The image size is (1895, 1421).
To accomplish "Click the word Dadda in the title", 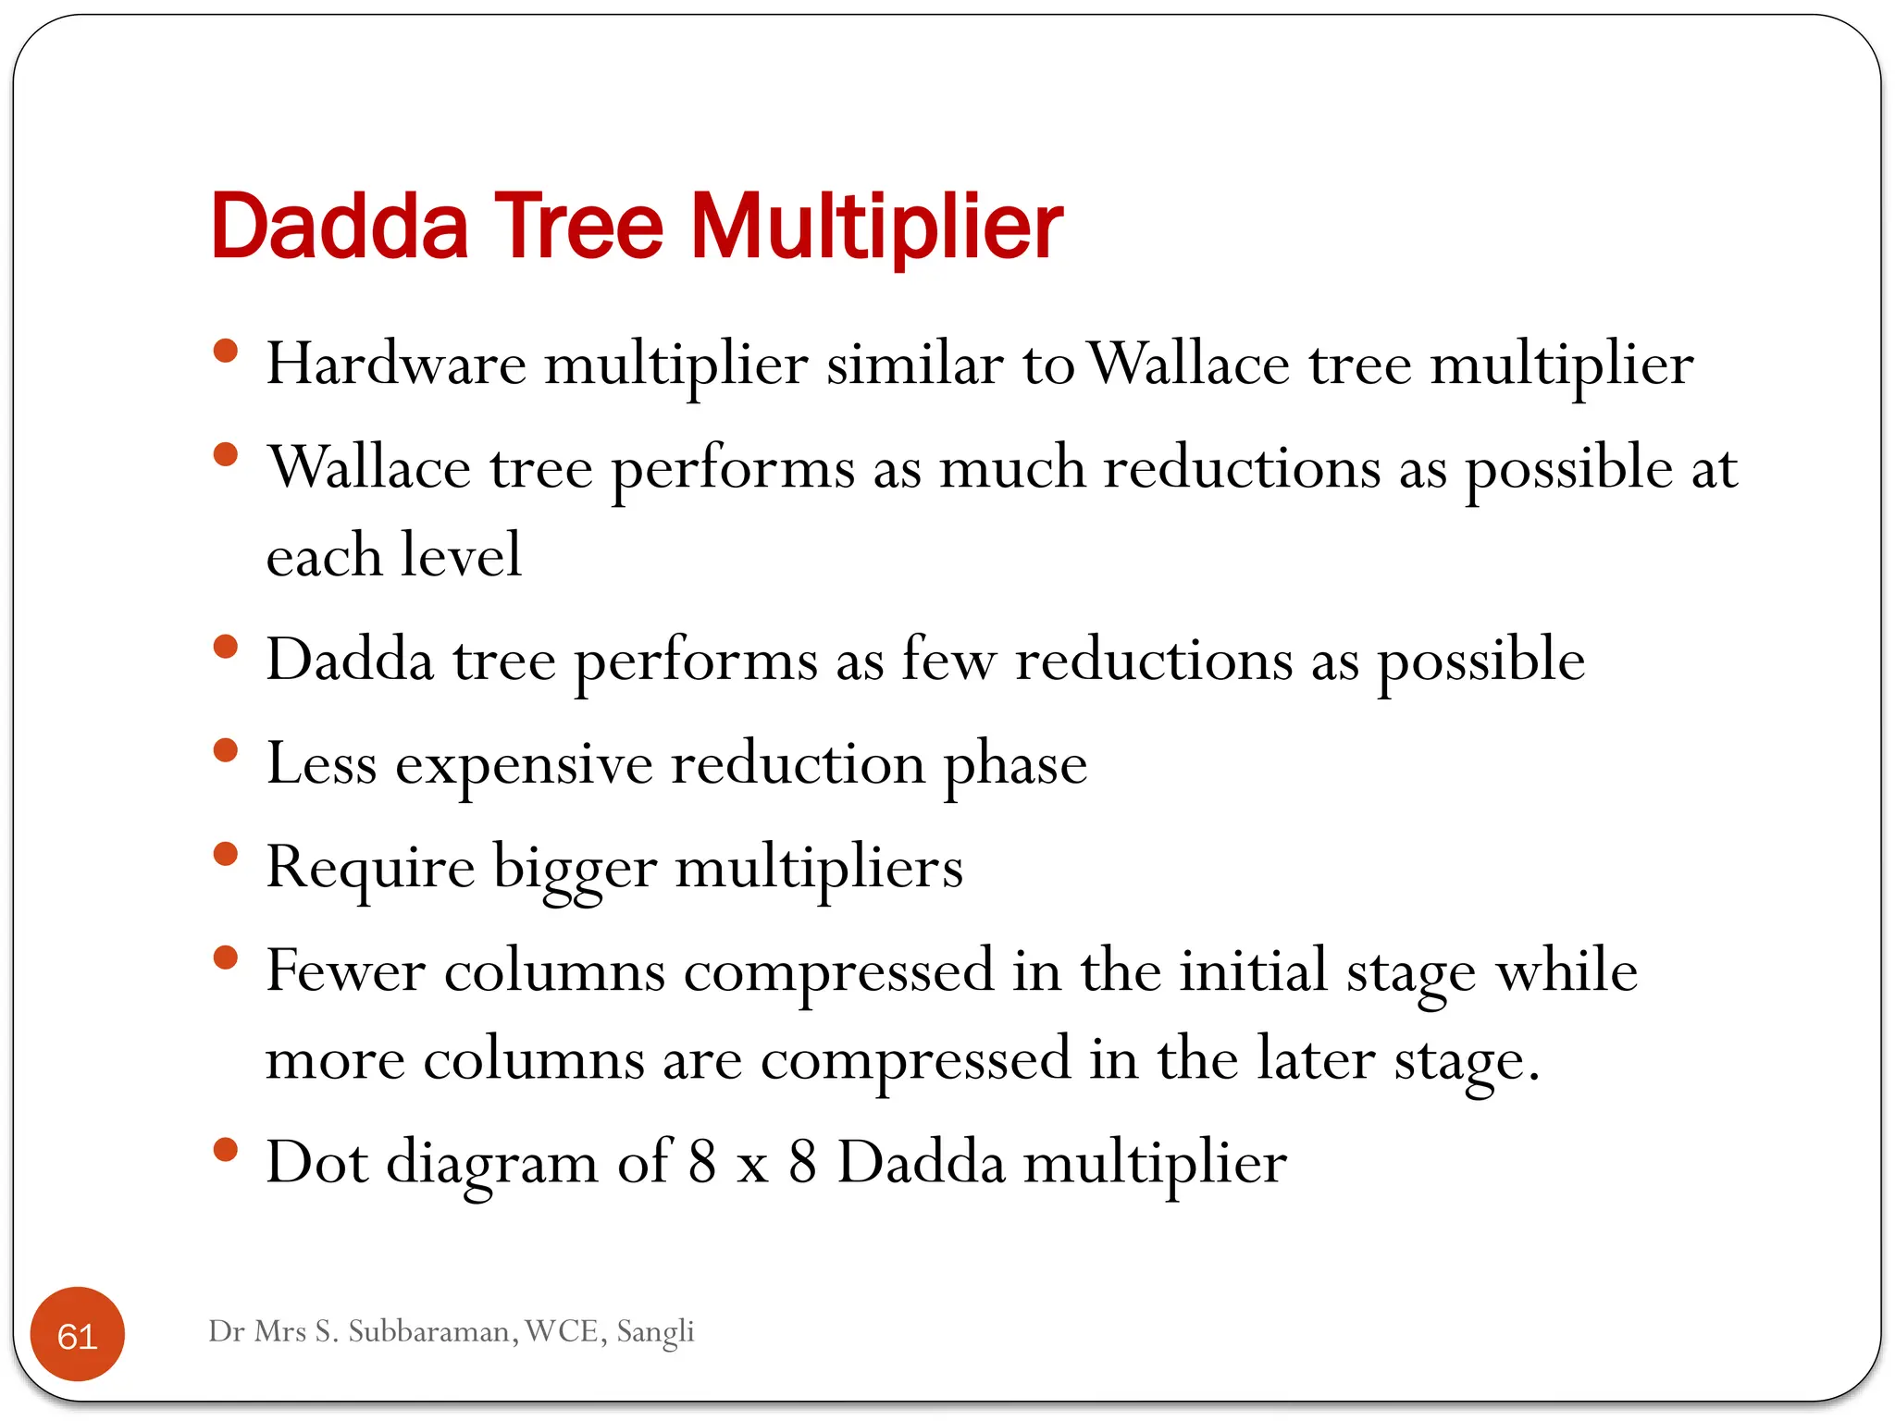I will (339, 226).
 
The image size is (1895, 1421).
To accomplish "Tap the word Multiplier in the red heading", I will (876, 226).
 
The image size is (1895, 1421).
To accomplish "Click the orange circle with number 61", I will (78, 1335).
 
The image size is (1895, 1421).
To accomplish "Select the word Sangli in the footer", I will (655, 1331).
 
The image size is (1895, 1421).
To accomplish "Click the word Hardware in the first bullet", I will (396, 364).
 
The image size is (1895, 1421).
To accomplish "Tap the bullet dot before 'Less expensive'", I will (225, 749).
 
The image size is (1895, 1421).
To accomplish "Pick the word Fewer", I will (345, 971).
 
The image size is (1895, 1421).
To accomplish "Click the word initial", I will (1253, 971).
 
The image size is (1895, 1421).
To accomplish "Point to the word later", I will (1315, 1059).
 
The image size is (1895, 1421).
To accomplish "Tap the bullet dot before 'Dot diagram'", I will (225, 1150).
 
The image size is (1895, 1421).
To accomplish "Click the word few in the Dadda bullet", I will (948, 661).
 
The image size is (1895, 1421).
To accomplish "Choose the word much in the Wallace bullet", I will (1012, 467).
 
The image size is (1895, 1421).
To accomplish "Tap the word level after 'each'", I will (461, 555).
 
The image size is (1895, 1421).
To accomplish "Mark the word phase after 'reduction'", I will (1015, 766).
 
